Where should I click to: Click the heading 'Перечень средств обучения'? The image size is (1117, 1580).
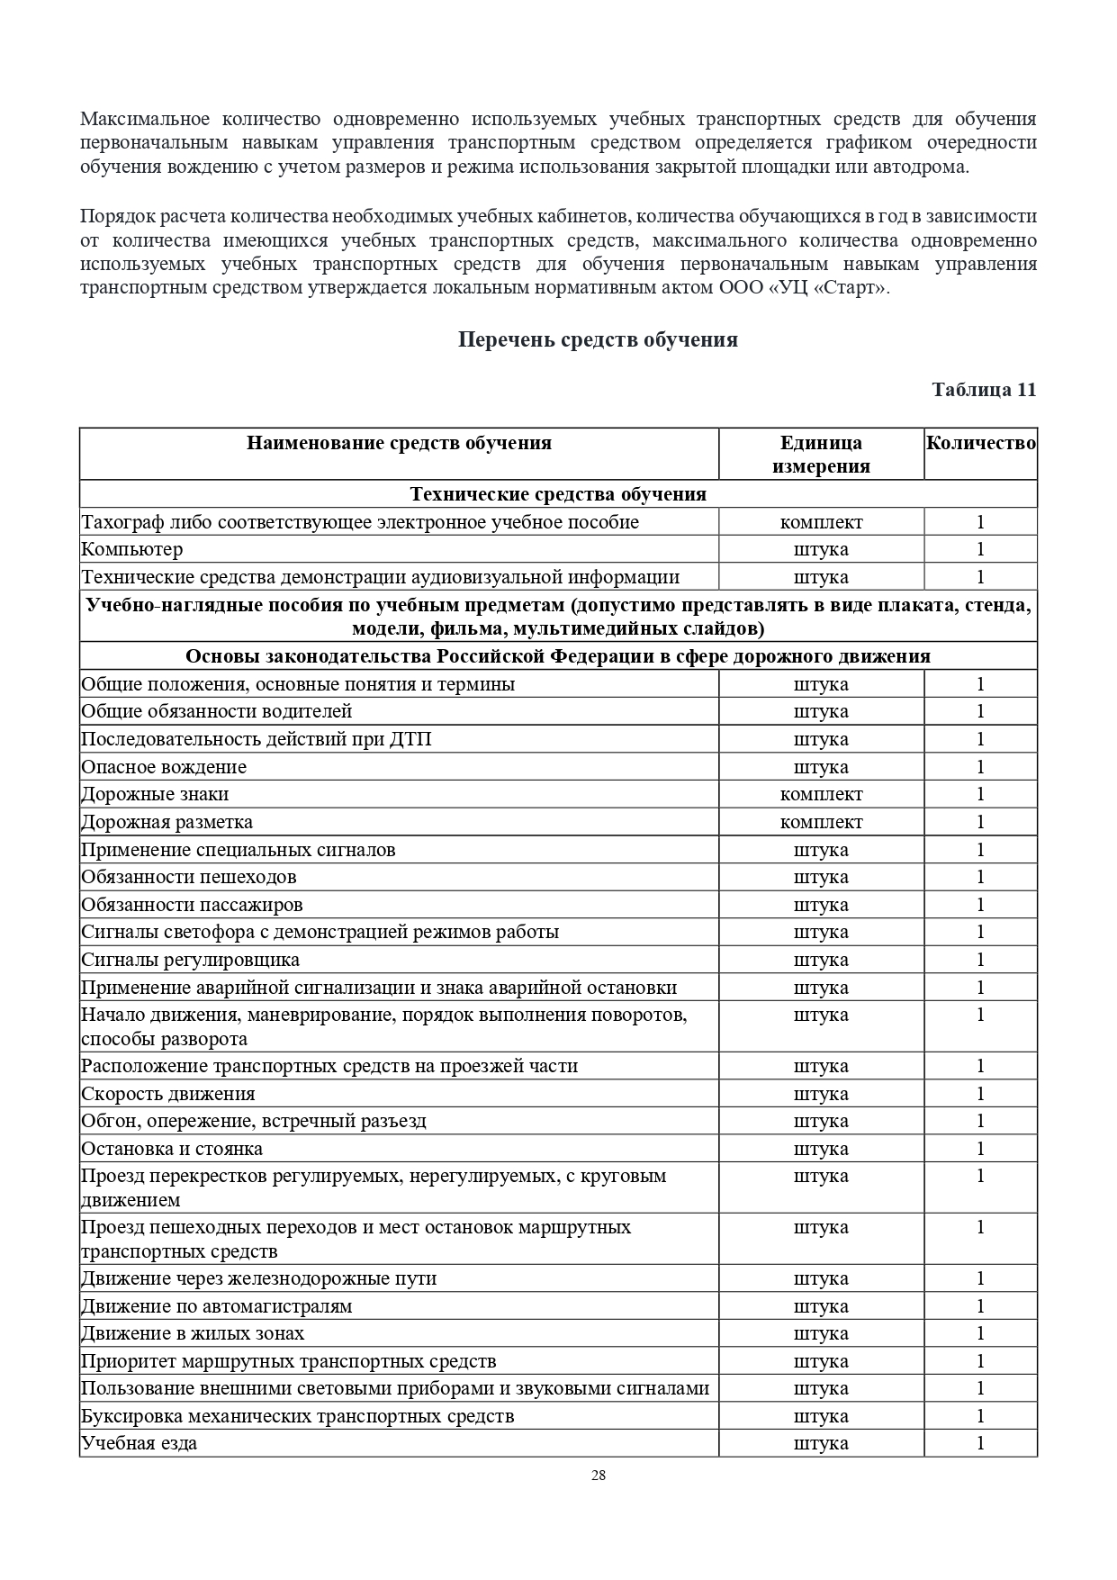(x=598, y=339)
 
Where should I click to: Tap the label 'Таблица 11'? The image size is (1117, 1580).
(x=984, y=389)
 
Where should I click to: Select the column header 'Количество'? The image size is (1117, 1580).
(x=980, y=443)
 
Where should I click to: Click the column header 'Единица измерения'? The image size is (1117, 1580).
(x=821, y=454)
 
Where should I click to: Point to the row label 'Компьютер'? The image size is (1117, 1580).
(x=132, y=549)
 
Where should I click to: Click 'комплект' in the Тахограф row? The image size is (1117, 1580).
(x=821, y=522)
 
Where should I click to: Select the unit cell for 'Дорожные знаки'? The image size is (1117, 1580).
(x=821, y=794)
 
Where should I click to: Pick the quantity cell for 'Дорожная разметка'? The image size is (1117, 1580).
(x=980, y=822)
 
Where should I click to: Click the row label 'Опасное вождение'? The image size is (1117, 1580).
(x=164, y=767)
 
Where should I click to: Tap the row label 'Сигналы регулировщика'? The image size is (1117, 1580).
(x=191, y=960)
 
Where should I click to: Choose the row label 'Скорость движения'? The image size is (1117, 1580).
(x=168, y=1094)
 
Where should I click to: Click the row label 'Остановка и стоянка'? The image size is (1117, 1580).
(x=172, y=1149)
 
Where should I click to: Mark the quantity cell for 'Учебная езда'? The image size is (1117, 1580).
(x=980, y=1443)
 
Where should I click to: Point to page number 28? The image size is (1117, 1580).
(x=599, y=1476)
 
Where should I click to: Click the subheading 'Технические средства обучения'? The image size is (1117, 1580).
(x=558, y=494)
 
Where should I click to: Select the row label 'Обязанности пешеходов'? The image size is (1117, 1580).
(x=189, y=877)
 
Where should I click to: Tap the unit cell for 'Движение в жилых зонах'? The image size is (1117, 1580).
(x=821, y=1333)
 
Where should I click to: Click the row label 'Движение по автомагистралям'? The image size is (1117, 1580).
(x=217, y=1306)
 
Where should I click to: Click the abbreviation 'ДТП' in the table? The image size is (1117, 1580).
(x=410, y=739)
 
